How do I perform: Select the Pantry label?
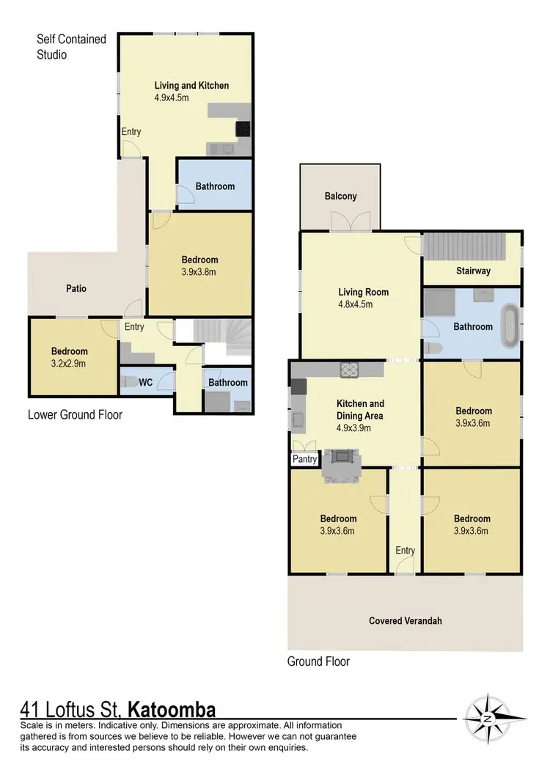coord(304,460)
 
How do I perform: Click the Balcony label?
coord(340,196)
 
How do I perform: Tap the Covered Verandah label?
coord(405,621)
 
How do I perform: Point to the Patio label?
coord(76,288)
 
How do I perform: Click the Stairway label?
coord(472,271)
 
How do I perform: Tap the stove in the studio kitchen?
coord(243,129)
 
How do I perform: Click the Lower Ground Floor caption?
coord(75,415)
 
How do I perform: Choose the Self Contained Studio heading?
coord(72,46)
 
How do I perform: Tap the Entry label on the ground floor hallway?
coord(405,551)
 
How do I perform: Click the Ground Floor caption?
coord(318,661)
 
